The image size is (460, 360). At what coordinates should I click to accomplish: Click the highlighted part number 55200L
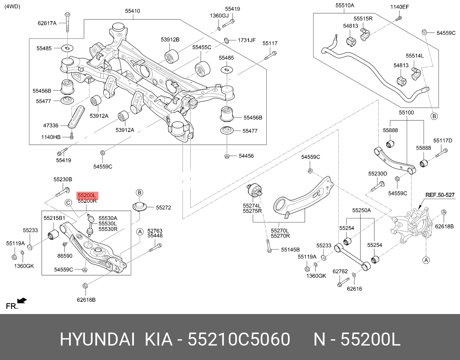(87, 195)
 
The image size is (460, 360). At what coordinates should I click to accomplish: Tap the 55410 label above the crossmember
(132, 11)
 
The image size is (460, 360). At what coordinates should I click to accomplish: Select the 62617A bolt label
(47, 23)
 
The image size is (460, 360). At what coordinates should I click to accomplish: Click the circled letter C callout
(68, 202)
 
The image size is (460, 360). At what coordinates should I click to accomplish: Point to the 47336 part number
(51, 125)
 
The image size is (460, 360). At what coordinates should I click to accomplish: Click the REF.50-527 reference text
(440, 195)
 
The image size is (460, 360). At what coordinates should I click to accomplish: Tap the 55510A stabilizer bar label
(345, 6)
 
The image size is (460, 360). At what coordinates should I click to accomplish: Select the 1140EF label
(400, 7)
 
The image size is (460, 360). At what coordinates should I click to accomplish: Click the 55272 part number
(163, 208)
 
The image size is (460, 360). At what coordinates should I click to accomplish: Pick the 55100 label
(406, 112)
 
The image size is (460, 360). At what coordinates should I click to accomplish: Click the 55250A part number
(361, 211)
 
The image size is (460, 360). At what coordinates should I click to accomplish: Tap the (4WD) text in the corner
(12, 6)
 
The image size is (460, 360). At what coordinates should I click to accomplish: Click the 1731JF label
(247, 40)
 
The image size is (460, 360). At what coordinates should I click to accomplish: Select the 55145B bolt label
(290, 250)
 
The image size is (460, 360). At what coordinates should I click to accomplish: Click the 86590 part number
(65, 256)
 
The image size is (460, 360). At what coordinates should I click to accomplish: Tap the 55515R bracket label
(363, 19)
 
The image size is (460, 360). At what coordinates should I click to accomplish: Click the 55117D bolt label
(443, 141)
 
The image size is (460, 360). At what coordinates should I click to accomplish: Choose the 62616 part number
(354, 288)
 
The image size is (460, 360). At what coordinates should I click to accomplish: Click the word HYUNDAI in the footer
(97, 339)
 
